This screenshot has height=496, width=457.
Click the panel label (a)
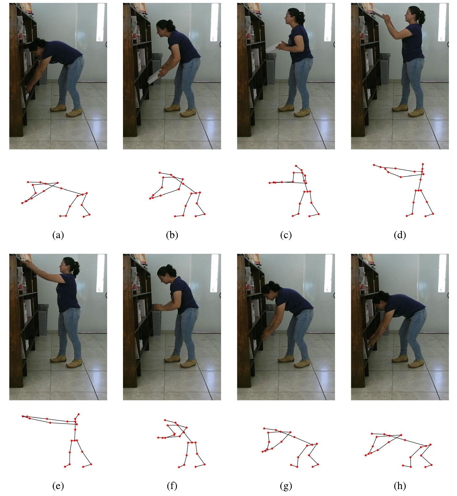[58, 235]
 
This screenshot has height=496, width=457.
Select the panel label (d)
[400, 235]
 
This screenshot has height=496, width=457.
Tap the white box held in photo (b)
[154, 77]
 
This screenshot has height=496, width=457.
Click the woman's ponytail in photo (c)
[303, 16]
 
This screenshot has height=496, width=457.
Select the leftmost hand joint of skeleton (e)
[22, 416]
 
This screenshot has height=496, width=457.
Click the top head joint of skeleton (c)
[296, 166]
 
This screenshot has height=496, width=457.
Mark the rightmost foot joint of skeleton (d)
[433, 213]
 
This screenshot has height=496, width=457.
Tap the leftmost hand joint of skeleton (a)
[22, 203]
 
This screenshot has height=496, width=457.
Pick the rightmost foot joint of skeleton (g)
[318, 464]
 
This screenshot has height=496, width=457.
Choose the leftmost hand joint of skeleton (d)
[374, 165]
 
